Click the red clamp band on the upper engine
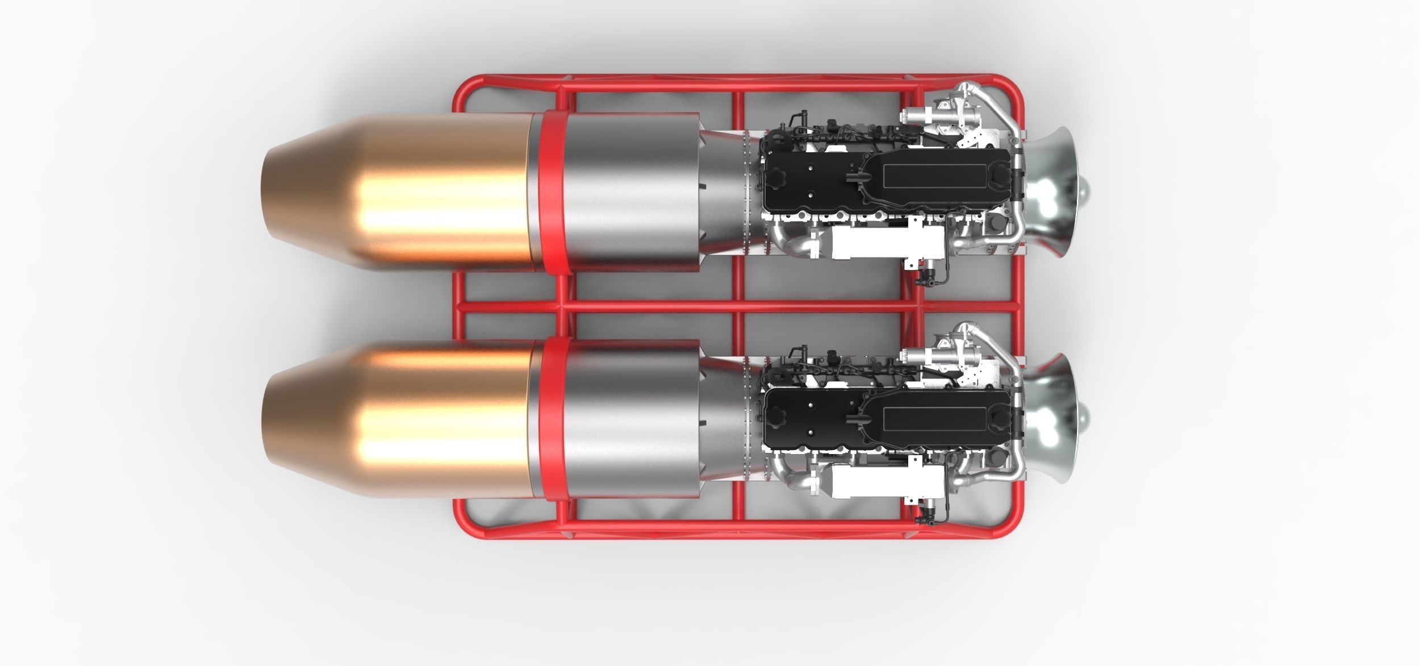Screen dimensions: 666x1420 (x=550, y=193)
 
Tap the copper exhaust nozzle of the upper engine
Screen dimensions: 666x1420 (x=398, y=193)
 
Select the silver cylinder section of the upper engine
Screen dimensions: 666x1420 (x=630, y=193)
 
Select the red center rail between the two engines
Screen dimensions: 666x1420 (x=682, y=307)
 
